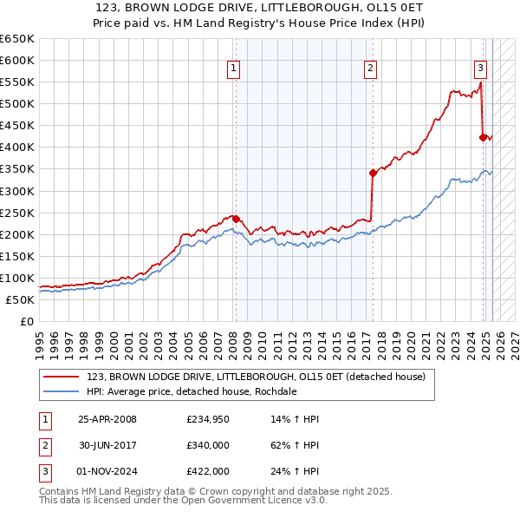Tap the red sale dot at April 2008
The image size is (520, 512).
pyautogui.click(x=236, y=219)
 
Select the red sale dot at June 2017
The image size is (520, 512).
pyautogui.click(x=372, y=173)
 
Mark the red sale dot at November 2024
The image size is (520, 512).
pyautogui.click(x=483, y=136)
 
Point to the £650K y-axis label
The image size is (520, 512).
pyautogui.click(x=16, y=38)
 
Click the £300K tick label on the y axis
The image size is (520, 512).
pyautogui.click(x=16, y=191)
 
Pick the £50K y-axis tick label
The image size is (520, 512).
pyautogui.click(x=20, y=299)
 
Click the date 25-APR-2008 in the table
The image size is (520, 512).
pyautogui.click(x=107, y=419)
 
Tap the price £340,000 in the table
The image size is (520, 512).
pyautogui.click(x=207, y=445)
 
